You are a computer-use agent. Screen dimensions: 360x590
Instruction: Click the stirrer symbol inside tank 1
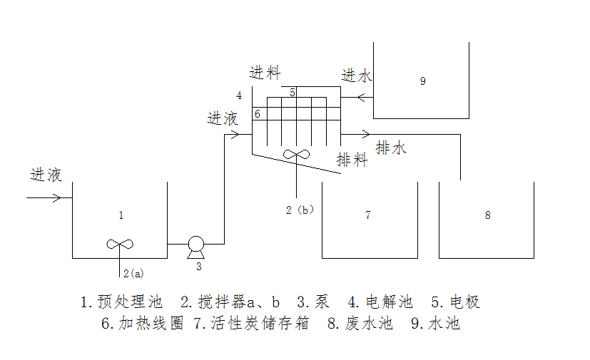pos(119,244)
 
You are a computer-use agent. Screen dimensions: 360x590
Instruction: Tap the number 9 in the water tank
pos(422,81)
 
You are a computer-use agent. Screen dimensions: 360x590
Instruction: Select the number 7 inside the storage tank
pos(367,215)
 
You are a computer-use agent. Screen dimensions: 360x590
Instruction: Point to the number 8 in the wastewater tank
pos(487,215)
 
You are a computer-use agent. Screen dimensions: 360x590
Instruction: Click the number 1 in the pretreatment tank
pos(121,215)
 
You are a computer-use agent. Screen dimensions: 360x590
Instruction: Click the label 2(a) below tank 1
pos(133,272)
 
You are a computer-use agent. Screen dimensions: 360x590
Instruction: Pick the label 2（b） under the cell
pos(300,210)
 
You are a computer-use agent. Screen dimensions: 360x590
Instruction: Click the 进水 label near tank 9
pos(356,76)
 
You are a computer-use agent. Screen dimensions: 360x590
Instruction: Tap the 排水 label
pos(391,148)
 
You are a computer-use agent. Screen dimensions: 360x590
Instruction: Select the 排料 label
pos(352,160)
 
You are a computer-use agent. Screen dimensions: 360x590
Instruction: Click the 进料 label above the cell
pos(265,73)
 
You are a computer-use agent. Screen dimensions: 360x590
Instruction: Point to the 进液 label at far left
pos(46,175)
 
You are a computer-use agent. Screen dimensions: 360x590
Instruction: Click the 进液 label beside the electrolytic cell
pos(223,118)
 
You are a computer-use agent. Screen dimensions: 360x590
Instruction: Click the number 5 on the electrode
pos(293,93)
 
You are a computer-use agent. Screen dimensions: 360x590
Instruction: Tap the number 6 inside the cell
pos(258,114)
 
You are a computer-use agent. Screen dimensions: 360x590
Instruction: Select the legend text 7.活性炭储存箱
pos(252,323)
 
